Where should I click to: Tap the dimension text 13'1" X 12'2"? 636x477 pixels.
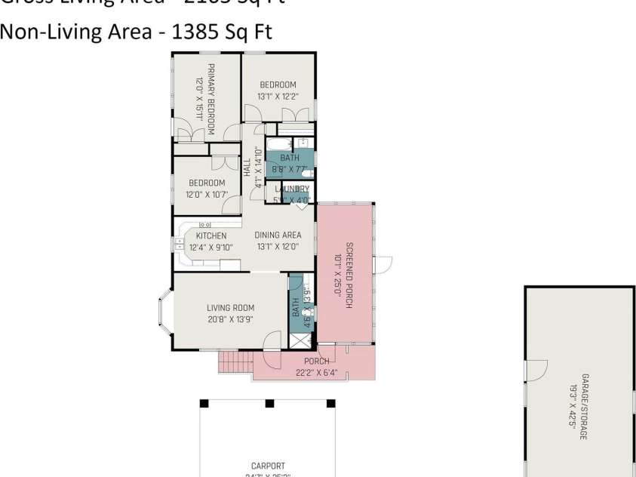click(278, 96)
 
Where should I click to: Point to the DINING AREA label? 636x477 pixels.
click(278, 235)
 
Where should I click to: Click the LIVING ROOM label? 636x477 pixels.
click(230, 307)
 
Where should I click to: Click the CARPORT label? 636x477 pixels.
click(268, 466)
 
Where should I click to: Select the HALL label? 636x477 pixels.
click(247, 167)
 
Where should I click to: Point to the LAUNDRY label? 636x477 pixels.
click(292, 189)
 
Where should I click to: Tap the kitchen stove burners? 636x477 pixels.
click(204, 224)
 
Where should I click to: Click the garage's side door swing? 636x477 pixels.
click(534, 371)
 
